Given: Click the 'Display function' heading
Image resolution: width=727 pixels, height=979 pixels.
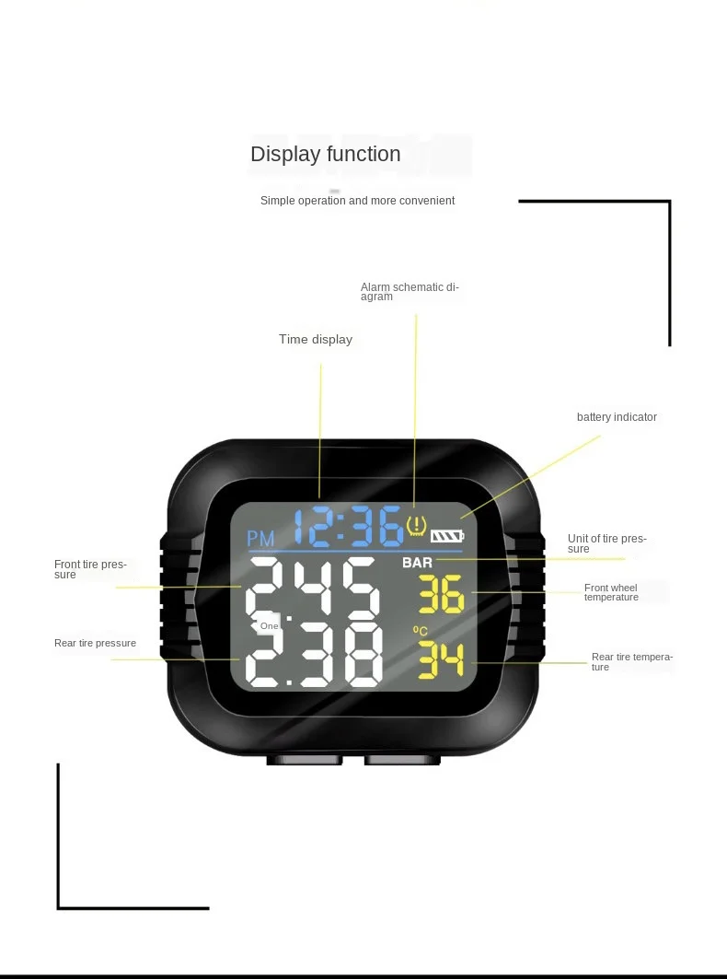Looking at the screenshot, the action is pyautogui.click(x=326, y=155).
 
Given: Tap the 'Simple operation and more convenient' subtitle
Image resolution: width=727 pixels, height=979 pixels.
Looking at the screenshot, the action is pyautogui.click(x=357, y=201).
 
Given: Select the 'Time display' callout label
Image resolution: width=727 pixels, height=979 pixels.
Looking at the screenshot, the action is pyautogui.click(x=316, y=340).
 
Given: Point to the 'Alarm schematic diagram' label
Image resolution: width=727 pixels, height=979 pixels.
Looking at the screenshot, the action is pyautogui.click(x=409, y=291).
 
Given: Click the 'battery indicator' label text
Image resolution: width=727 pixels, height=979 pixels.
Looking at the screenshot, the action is pyautogui.click(x=617, y=417).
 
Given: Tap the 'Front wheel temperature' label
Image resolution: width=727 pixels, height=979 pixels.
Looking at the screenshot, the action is pyautogui.click(x=611, y=592).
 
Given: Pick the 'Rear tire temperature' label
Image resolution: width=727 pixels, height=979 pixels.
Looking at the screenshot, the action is pyautogui.click(x=631, y=661).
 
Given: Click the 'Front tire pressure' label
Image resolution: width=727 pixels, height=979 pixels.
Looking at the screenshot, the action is pyautogui.click(x=89, y=569).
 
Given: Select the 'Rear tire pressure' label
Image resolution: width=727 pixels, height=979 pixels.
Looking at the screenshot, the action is pyautogui.click(x=95, y=643).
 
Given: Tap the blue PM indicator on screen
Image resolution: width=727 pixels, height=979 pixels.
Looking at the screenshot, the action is pyautogui.click(x=261, y=539).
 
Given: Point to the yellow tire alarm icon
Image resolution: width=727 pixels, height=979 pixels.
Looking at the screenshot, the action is pyautogui.click(x=417, y=527).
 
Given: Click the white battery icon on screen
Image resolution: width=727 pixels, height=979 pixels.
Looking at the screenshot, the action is pyautogui.click(x=449, y=535).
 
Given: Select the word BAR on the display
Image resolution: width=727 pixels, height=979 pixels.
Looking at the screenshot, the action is pyautogui.click(x=417, y=562).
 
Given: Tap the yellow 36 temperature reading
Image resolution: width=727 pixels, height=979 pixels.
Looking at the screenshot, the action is pyautogui.click(x=442, y=596).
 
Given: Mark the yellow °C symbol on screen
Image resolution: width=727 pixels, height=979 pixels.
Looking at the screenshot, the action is pyautogui.click(x=421, y=631).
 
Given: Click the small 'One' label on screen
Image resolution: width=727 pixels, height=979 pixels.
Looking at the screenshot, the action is pyautogui.click(x=269, y=626).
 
